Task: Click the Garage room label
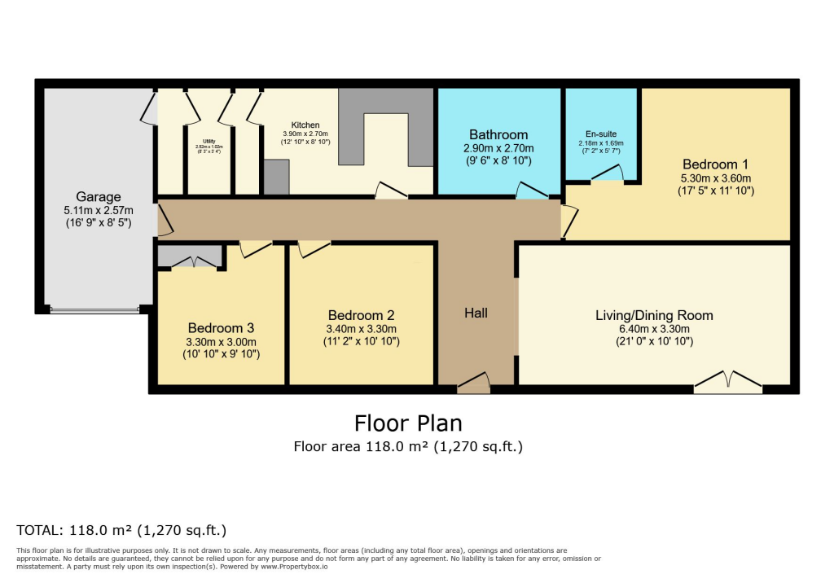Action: (99, 196)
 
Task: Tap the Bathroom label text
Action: (498, 134)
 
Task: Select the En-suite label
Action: (601, 134)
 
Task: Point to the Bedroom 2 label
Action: (362, 315)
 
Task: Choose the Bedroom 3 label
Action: (222, 328)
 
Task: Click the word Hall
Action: (476, 313)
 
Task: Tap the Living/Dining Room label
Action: (654, 315)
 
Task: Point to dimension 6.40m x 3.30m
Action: (654, 329)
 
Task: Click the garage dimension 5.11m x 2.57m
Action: (99, 209)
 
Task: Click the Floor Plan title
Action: (408, 423)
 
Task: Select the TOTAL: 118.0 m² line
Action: (121, 529)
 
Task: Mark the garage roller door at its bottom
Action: (94, 310)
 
